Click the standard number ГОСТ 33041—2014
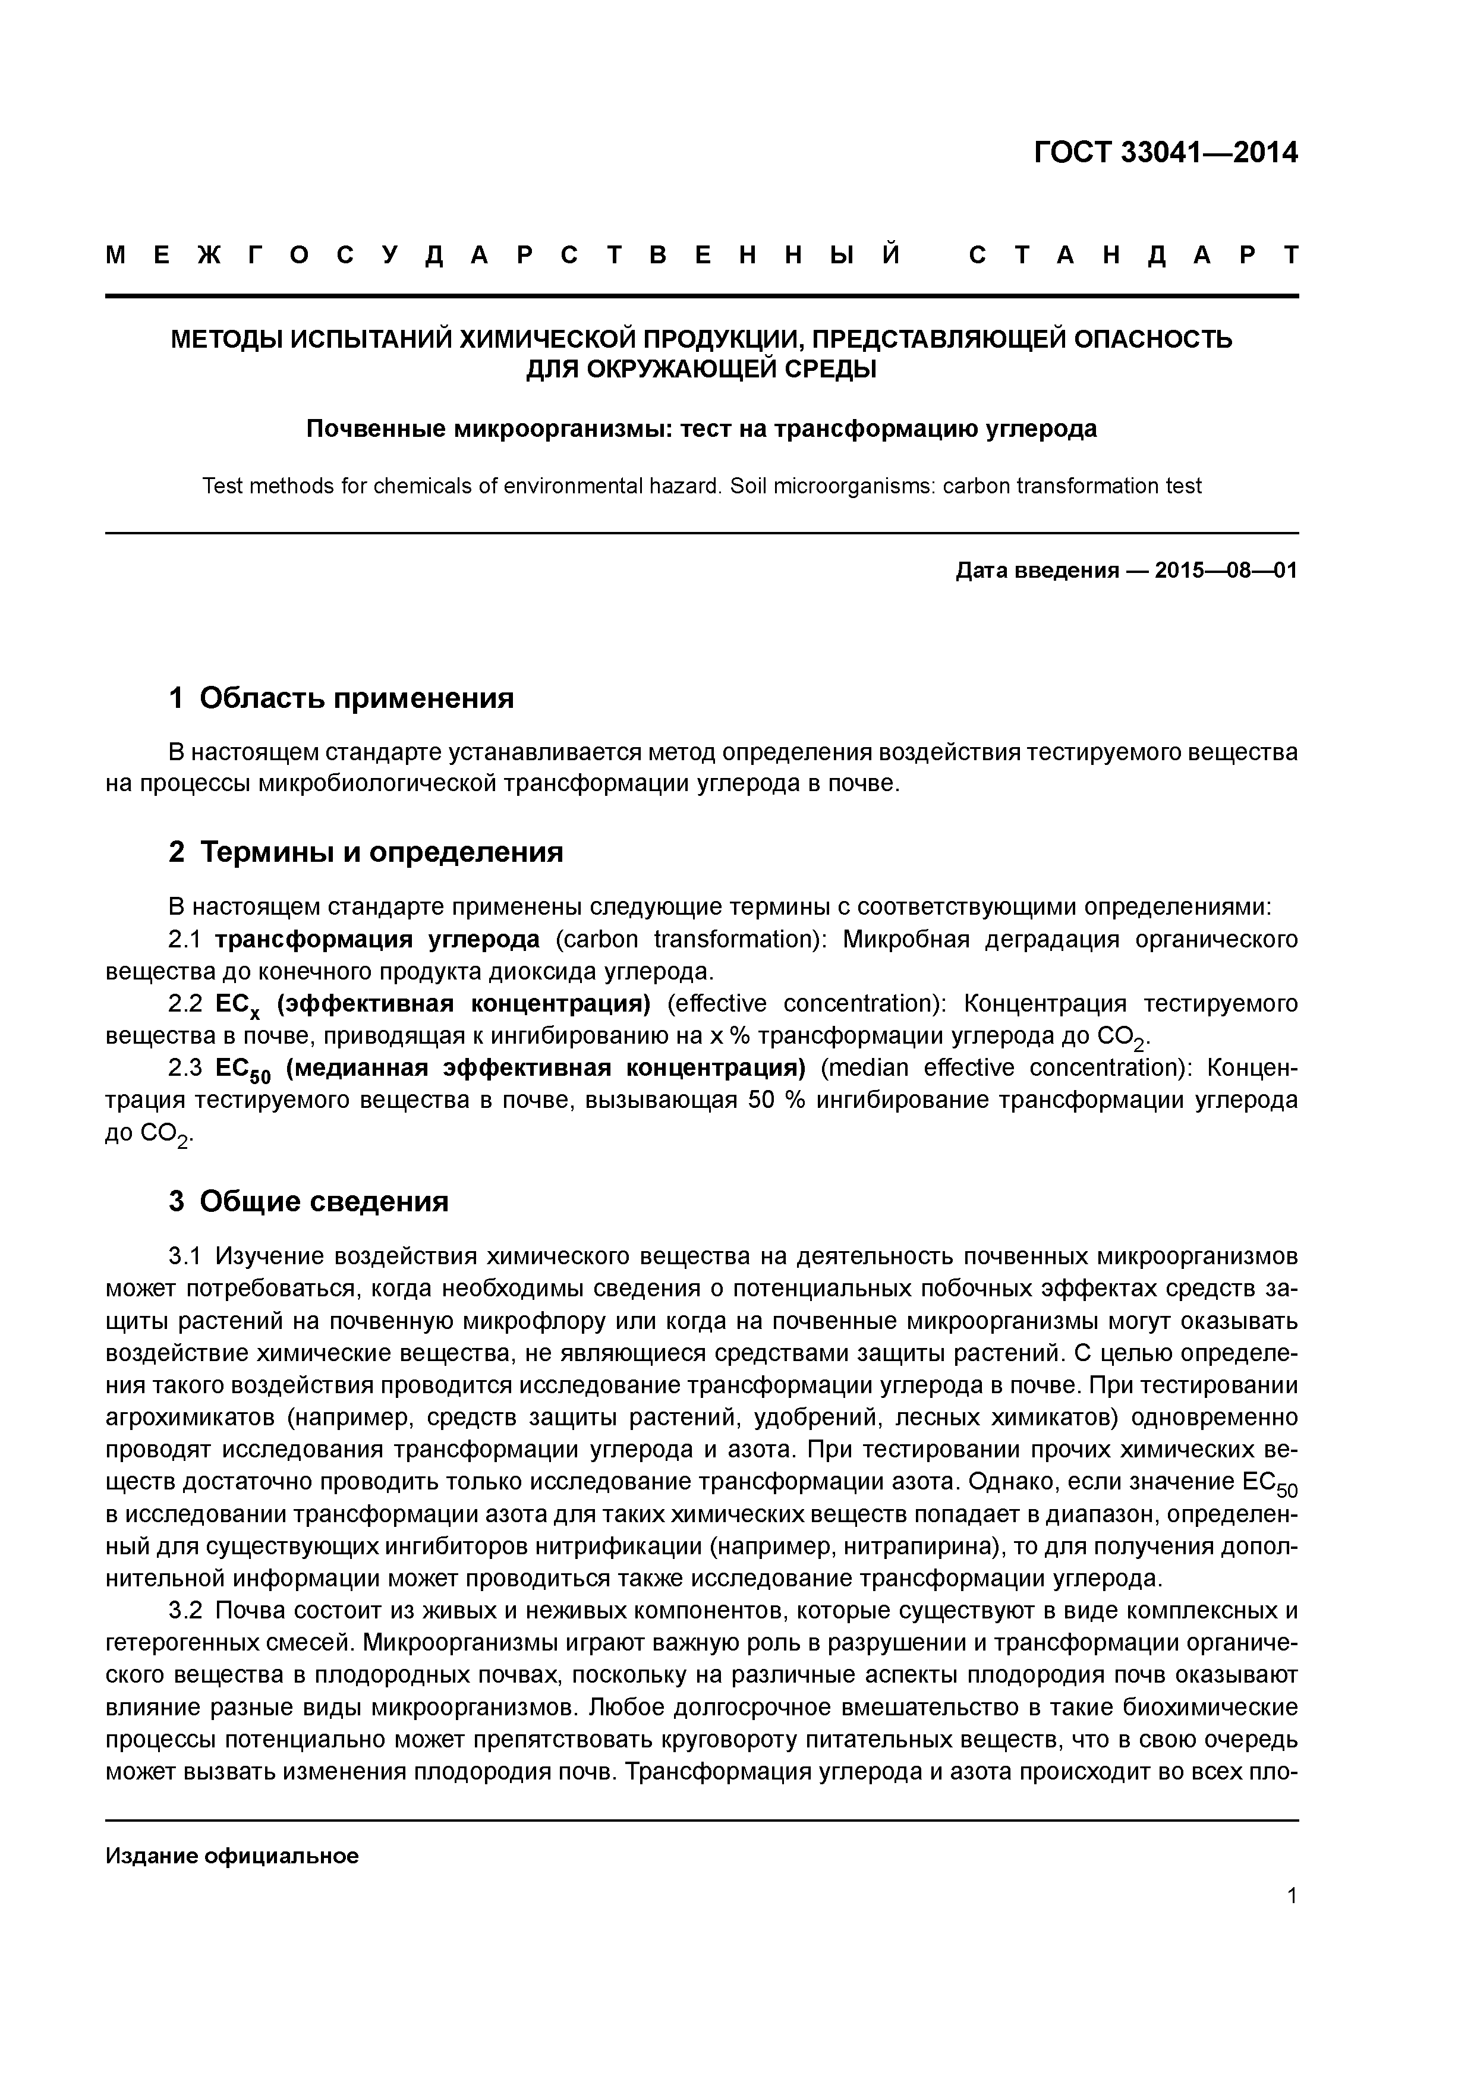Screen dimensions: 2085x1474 (1165, 153)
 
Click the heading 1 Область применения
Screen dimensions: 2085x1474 (342, 697)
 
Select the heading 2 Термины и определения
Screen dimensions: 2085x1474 (366, 852)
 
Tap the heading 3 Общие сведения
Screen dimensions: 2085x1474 (309, 1201)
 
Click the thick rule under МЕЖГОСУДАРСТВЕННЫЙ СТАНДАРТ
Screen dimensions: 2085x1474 (701, 296)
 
